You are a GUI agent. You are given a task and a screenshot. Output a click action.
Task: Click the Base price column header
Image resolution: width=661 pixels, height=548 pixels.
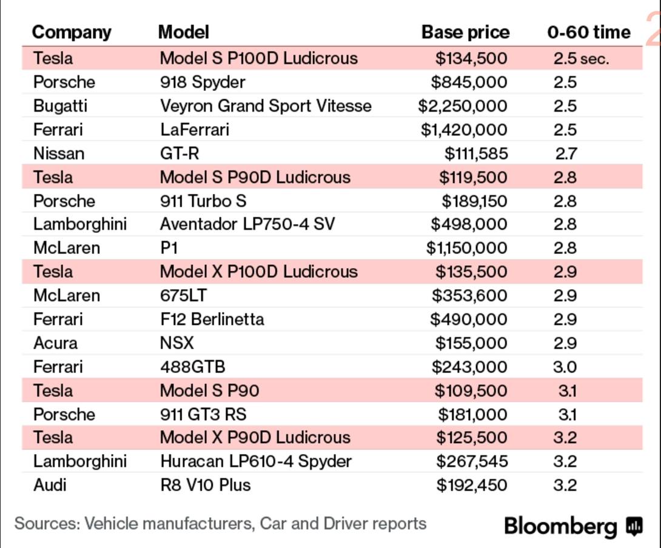pos(465,33)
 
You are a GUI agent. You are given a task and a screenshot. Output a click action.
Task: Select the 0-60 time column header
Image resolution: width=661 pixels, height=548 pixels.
pos(589,33)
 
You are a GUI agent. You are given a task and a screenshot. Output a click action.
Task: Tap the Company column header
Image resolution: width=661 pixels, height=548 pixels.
pos(72,33)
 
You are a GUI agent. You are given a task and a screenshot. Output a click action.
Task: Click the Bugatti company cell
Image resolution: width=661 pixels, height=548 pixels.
pos(60,106)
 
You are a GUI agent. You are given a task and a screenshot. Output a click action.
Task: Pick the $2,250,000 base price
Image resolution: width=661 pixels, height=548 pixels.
pos(463,106)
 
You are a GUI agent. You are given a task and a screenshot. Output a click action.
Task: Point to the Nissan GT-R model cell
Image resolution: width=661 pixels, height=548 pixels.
pos(180,153)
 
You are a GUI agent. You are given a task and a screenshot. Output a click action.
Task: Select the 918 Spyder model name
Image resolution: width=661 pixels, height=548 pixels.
pos(203,82)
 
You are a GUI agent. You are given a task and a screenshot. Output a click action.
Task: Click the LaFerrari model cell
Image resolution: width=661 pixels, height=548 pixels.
pos(195,129)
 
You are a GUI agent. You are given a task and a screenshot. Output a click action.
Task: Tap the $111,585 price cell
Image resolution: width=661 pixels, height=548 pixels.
pos(476,153)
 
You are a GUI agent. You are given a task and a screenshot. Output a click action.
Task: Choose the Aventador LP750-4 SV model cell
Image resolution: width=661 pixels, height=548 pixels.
pos(247,224)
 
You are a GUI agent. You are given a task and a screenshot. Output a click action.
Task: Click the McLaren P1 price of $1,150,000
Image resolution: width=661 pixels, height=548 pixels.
pos(467,248)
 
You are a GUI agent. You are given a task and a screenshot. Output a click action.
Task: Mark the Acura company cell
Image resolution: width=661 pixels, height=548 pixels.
pos(56,343)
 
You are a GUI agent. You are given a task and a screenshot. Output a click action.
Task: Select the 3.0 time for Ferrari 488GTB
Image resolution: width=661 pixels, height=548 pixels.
pos(565,367)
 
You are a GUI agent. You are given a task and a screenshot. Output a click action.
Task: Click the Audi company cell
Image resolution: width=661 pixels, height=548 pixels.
pos(50,485)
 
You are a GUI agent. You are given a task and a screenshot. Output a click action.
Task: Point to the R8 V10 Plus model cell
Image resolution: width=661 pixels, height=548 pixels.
pos(206,485)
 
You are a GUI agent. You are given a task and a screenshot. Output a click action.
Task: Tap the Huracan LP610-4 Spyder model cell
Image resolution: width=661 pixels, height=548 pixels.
pos(256,461)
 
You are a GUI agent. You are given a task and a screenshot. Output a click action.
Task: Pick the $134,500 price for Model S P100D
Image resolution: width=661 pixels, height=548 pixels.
pos(471,58)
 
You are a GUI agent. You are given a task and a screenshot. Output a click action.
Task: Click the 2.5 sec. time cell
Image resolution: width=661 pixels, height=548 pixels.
pos(582,59)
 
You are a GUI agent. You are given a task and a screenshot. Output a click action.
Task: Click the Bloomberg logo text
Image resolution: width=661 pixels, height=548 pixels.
pos(560,526)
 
